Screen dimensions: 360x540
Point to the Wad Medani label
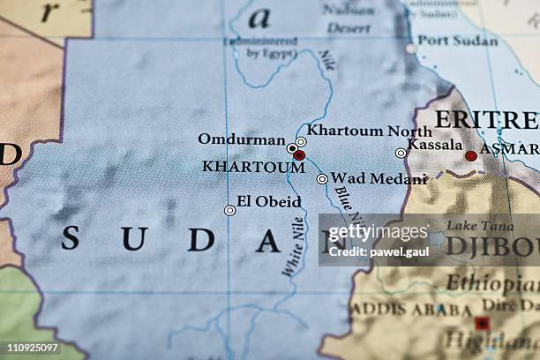point(379,178)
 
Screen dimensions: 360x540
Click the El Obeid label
point(269,201)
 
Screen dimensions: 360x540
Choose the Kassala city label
point(435,144)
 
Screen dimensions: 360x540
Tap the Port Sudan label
point(457,40)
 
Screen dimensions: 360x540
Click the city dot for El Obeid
point(229,210)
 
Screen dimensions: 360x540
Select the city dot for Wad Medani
point(322,179)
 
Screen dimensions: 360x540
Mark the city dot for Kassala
point(401,153)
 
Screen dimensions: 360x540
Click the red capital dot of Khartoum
point(299,155)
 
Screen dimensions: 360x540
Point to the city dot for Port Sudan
point(410,48)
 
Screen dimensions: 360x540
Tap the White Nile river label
point(293,248)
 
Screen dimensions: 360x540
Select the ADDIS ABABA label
point(411,311)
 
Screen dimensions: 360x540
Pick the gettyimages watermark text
point(378,232)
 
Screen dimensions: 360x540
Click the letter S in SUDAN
point(70,238)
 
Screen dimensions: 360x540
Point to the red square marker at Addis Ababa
point(482,323)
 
